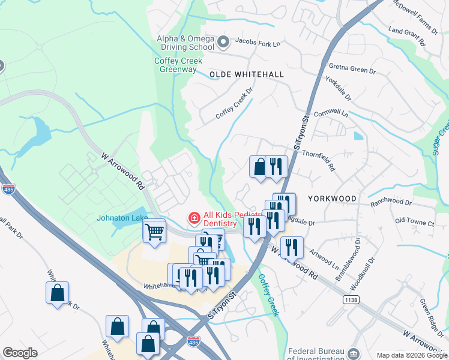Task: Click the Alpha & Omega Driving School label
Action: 185,43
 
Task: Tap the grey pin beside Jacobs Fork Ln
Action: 223,42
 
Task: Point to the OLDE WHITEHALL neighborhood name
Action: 246,74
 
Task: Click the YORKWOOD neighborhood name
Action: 332,198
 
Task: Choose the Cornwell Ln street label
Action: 331,112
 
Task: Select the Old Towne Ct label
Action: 414,223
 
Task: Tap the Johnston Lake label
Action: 122,218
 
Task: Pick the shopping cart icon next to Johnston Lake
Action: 154,230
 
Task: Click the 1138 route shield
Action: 351,299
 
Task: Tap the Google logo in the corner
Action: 20,353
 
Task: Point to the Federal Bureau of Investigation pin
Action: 354,353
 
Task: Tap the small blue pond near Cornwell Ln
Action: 358,136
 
